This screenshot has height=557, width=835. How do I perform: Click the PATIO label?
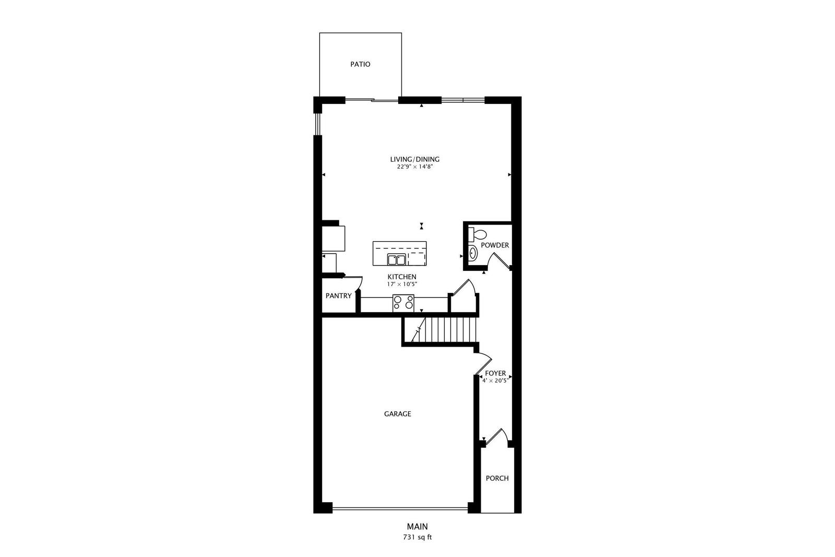coord(360,64)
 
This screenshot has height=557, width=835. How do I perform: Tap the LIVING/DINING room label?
coord(414,159)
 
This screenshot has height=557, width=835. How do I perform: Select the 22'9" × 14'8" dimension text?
coord(414,167)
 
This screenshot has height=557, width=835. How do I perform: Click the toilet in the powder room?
coord(478,234)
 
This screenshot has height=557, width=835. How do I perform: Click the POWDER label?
coord(495,245)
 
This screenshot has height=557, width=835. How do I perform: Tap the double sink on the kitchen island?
coord(396,259)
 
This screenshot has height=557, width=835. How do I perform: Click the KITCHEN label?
coord(402,277)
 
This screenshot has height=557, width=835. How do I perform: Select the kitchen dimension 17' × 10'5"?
coord(402,284)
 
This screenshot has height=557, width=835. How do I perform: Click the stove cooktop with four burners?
coord(403,303)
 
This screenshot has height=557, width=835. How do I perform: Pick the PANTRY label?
coord(339,296)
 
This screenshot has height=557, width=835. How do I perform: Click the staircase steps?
coord(444,329)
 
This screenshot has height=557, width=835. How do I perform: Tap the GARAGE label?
coord(397,414)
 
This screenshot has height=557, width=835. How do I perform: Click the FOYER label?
coord(495,373)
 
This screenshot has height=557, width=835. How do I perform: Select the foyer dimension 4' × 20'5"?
coord(495,381)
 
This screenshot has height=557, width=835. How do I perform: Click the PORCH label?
coord(497,478)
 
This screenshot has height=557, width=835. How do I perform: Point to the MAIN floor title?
coord(417,527)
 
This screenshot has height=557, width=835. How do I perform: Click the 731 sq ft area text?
coord(417,537)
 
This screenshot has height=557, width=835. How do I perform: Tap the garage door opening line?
coord(400,508)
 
